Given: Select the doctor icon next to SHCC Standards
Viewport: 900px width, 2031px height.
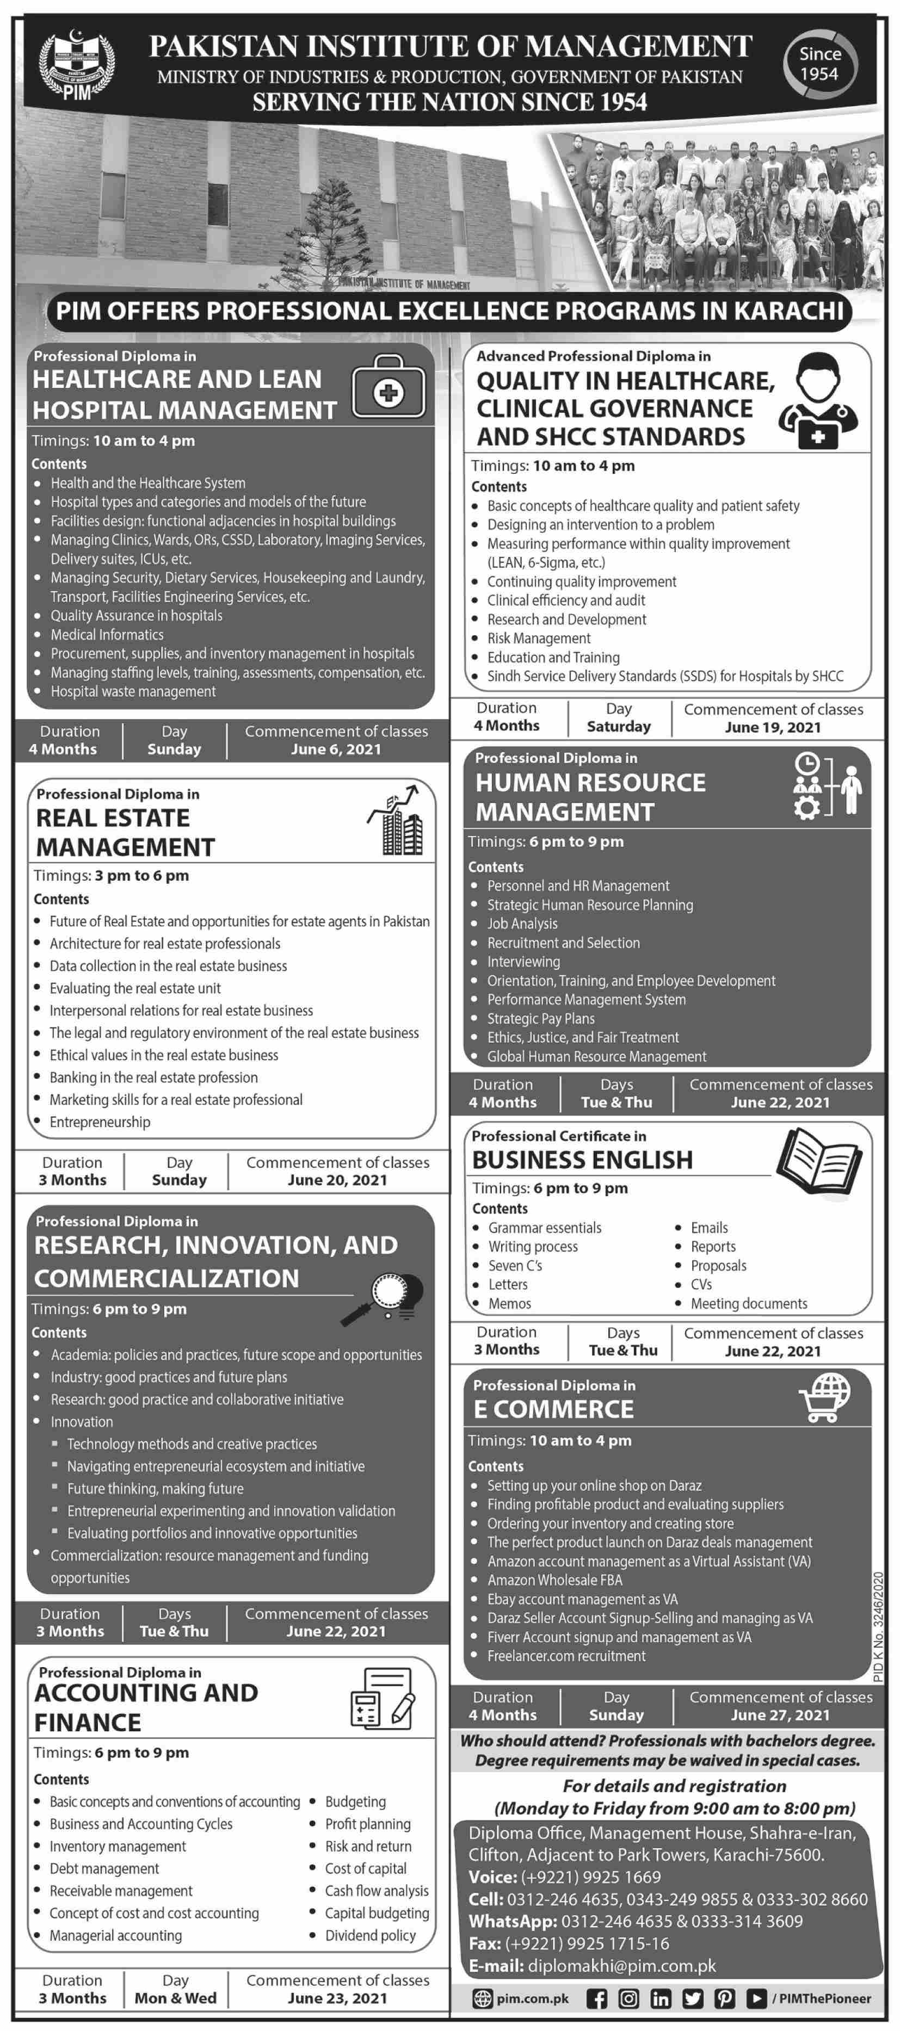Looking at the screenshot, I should pos(817,401).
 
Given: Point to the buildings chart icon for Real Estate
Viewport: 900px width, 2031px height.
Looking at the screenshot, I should pos(397,821).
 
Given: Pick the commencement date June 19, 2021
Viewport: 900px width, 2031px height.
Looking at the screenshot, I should pos(772,727).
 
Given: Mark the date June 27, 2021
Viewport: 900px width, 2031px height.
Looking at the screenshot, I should pos(780,1715).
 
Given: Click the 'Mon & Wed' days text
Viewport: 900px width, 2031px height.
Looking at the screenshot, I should pos(175,1998).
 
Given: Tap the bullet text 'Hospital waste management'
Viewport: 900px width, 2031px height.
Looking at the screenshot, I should pos(133,691).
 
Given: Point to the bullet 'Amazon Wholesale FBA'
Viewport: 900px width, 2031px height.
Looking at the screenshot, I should pos(554,1580).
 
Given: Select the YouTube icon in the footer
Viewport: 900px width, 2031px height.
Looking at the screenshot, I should pos(756,1999).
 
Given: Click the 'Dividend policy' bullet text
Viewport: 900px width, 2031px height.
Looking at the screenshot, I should pos(370,1936).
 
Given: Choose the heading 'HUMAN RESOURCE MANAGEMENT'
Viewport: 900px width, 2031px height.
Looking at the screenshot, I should pos(590,797).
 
